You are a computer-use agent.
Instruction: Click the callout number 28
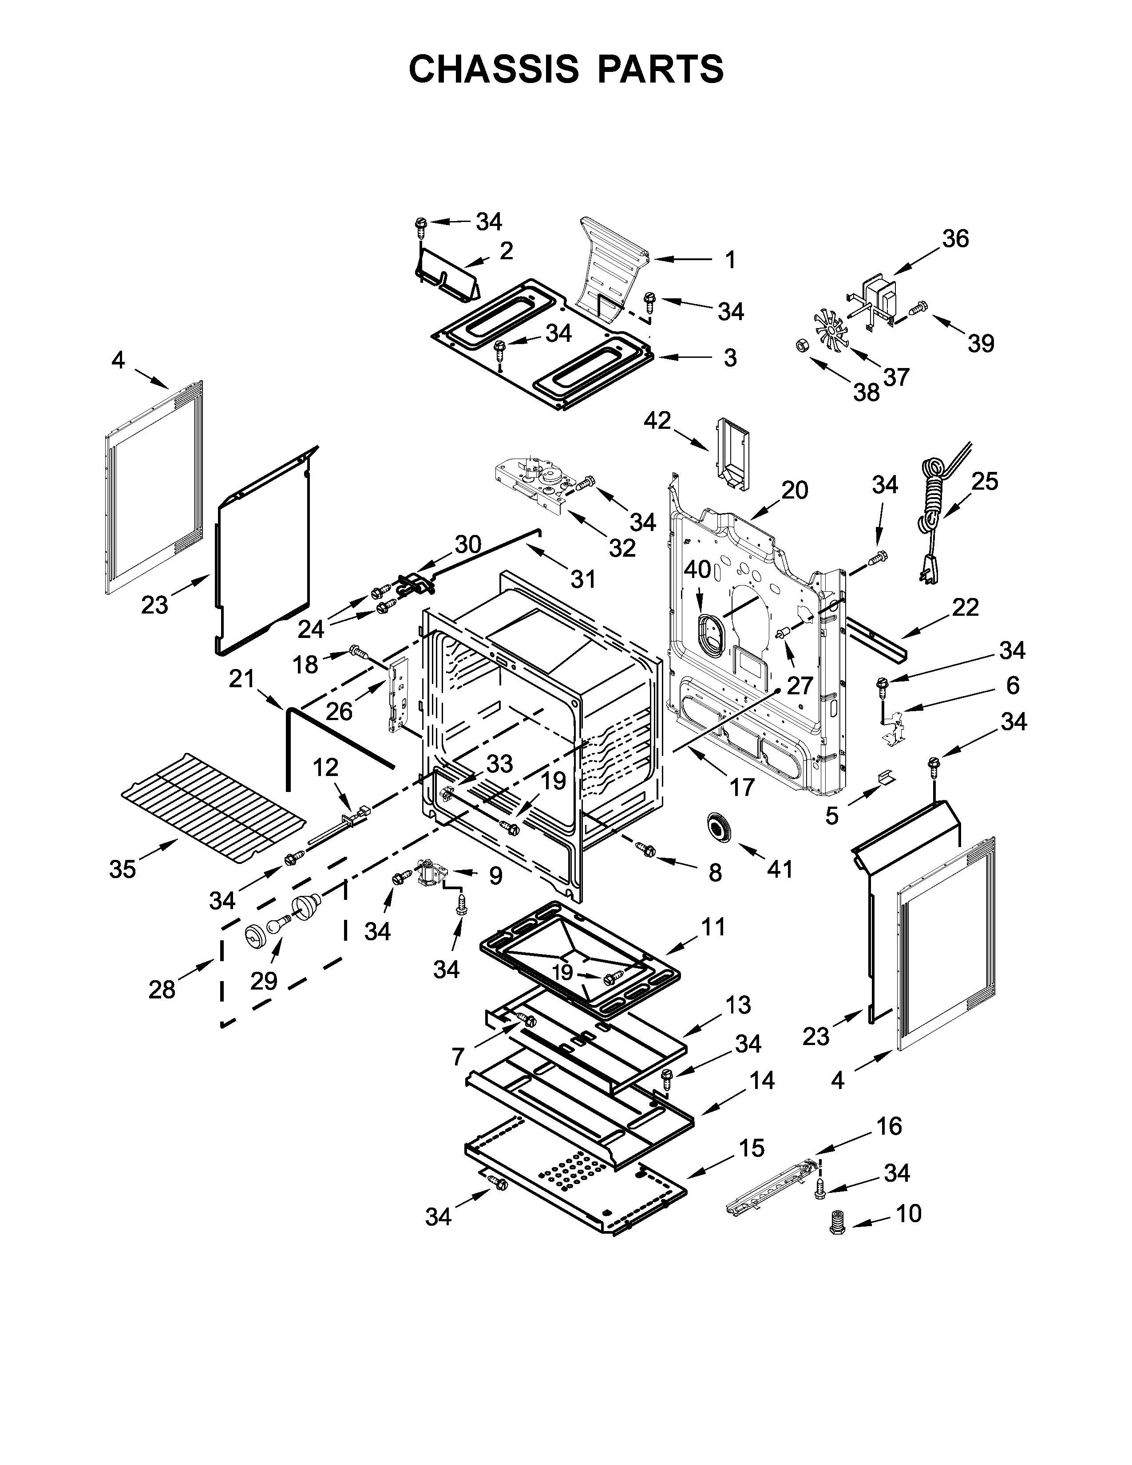point(162,990)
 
